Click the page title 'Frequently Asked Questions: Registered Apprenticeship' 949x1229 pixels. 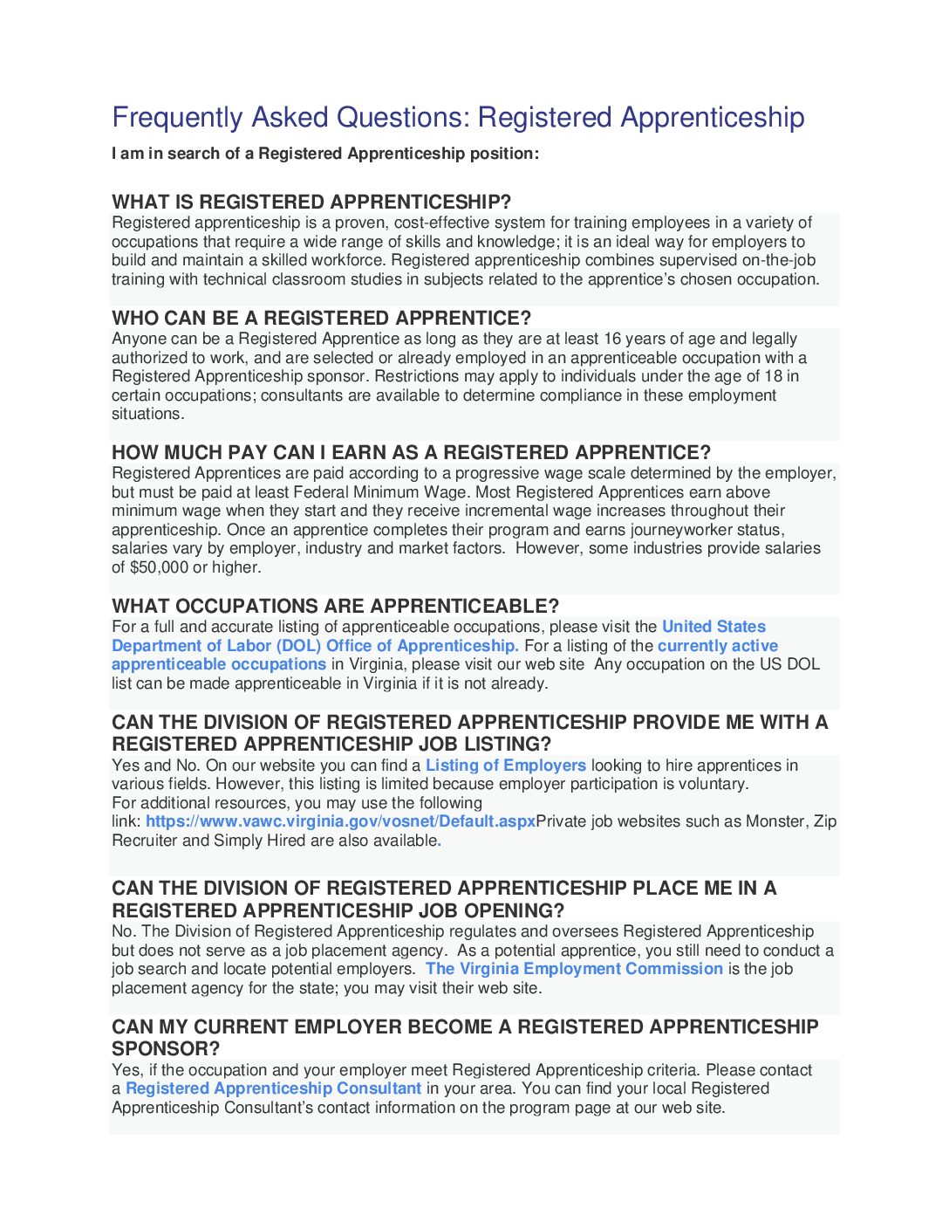(x=458, y=117)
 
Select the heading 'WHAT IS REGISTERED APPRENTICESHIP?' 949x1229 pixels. (x=311, y=203)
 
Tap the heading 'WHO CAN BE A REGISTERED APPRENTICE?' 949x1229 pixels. (x=321, y=319)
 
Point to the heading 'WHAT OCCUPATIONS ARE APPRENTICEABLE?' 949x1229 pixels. (x=335, y=607)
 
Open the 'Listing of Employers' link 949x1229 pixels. (x=506, y=766)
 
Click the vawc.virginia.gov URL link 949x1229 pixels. (x=340, y=821)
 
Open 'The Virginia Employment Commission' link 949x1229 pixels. (x=574, y=969)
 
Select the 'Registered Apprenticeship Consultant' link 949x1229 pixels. (x=273, y=1088)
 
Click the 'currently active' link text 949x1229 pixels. (x=717, y=646)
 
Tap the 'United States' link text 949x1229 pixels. (x=713, y=627)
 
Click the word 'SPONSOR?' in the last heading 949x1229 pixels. (x=166, y=1049)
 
